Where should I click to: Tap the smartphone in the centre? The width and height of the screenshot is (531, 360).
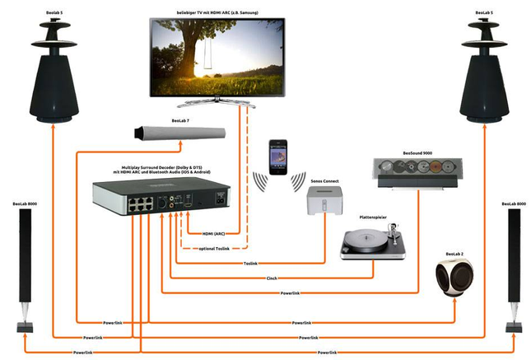pos(278,153)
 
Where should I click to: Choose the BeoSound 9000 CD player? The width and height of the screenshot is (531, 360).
pos(415,169)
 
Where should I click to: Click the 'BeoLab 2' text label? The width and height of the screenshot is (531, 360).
pos(455,253)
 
